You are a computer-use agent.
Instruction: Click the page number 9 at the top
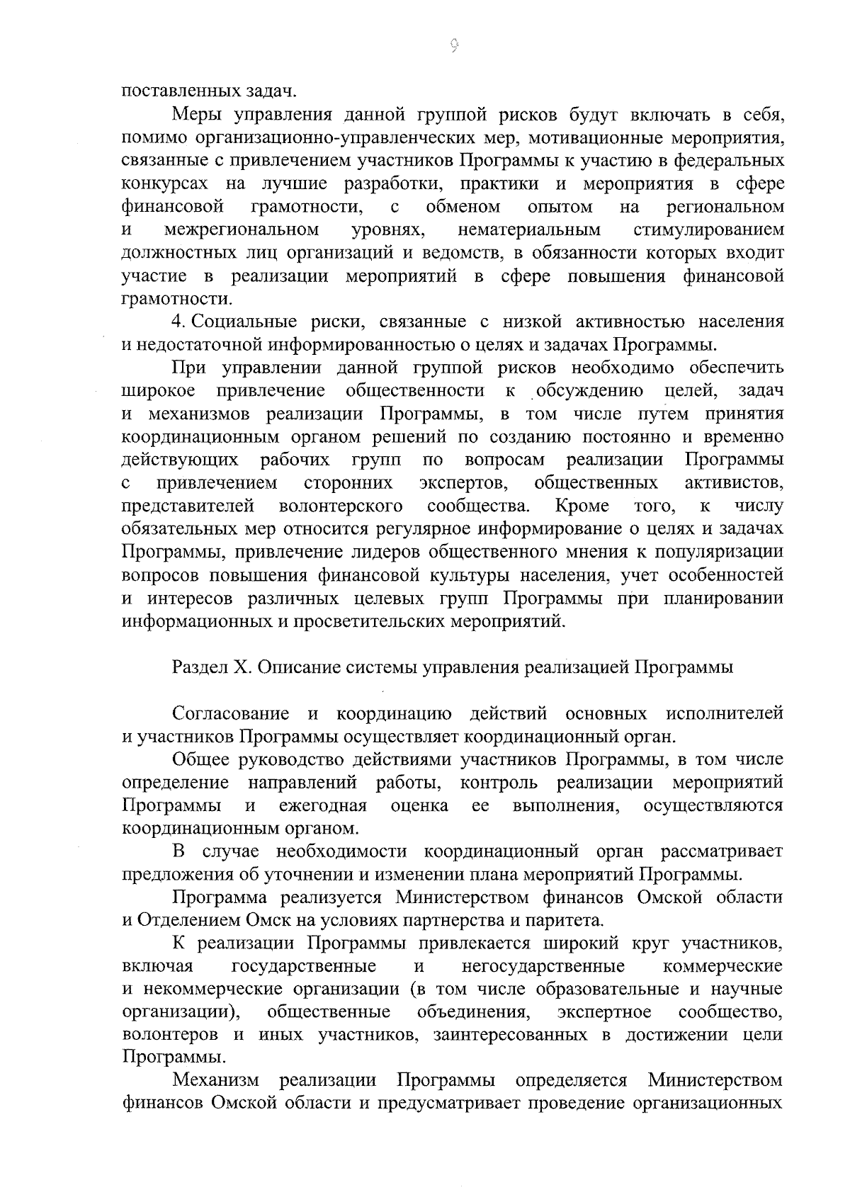[454, 47]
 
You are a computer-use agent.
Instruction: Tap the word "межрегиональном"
[242, 229]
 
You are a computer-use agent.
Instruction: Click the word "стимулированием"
[709, 229]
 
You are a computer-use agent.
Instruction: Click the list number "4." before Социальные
[179, 322]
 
